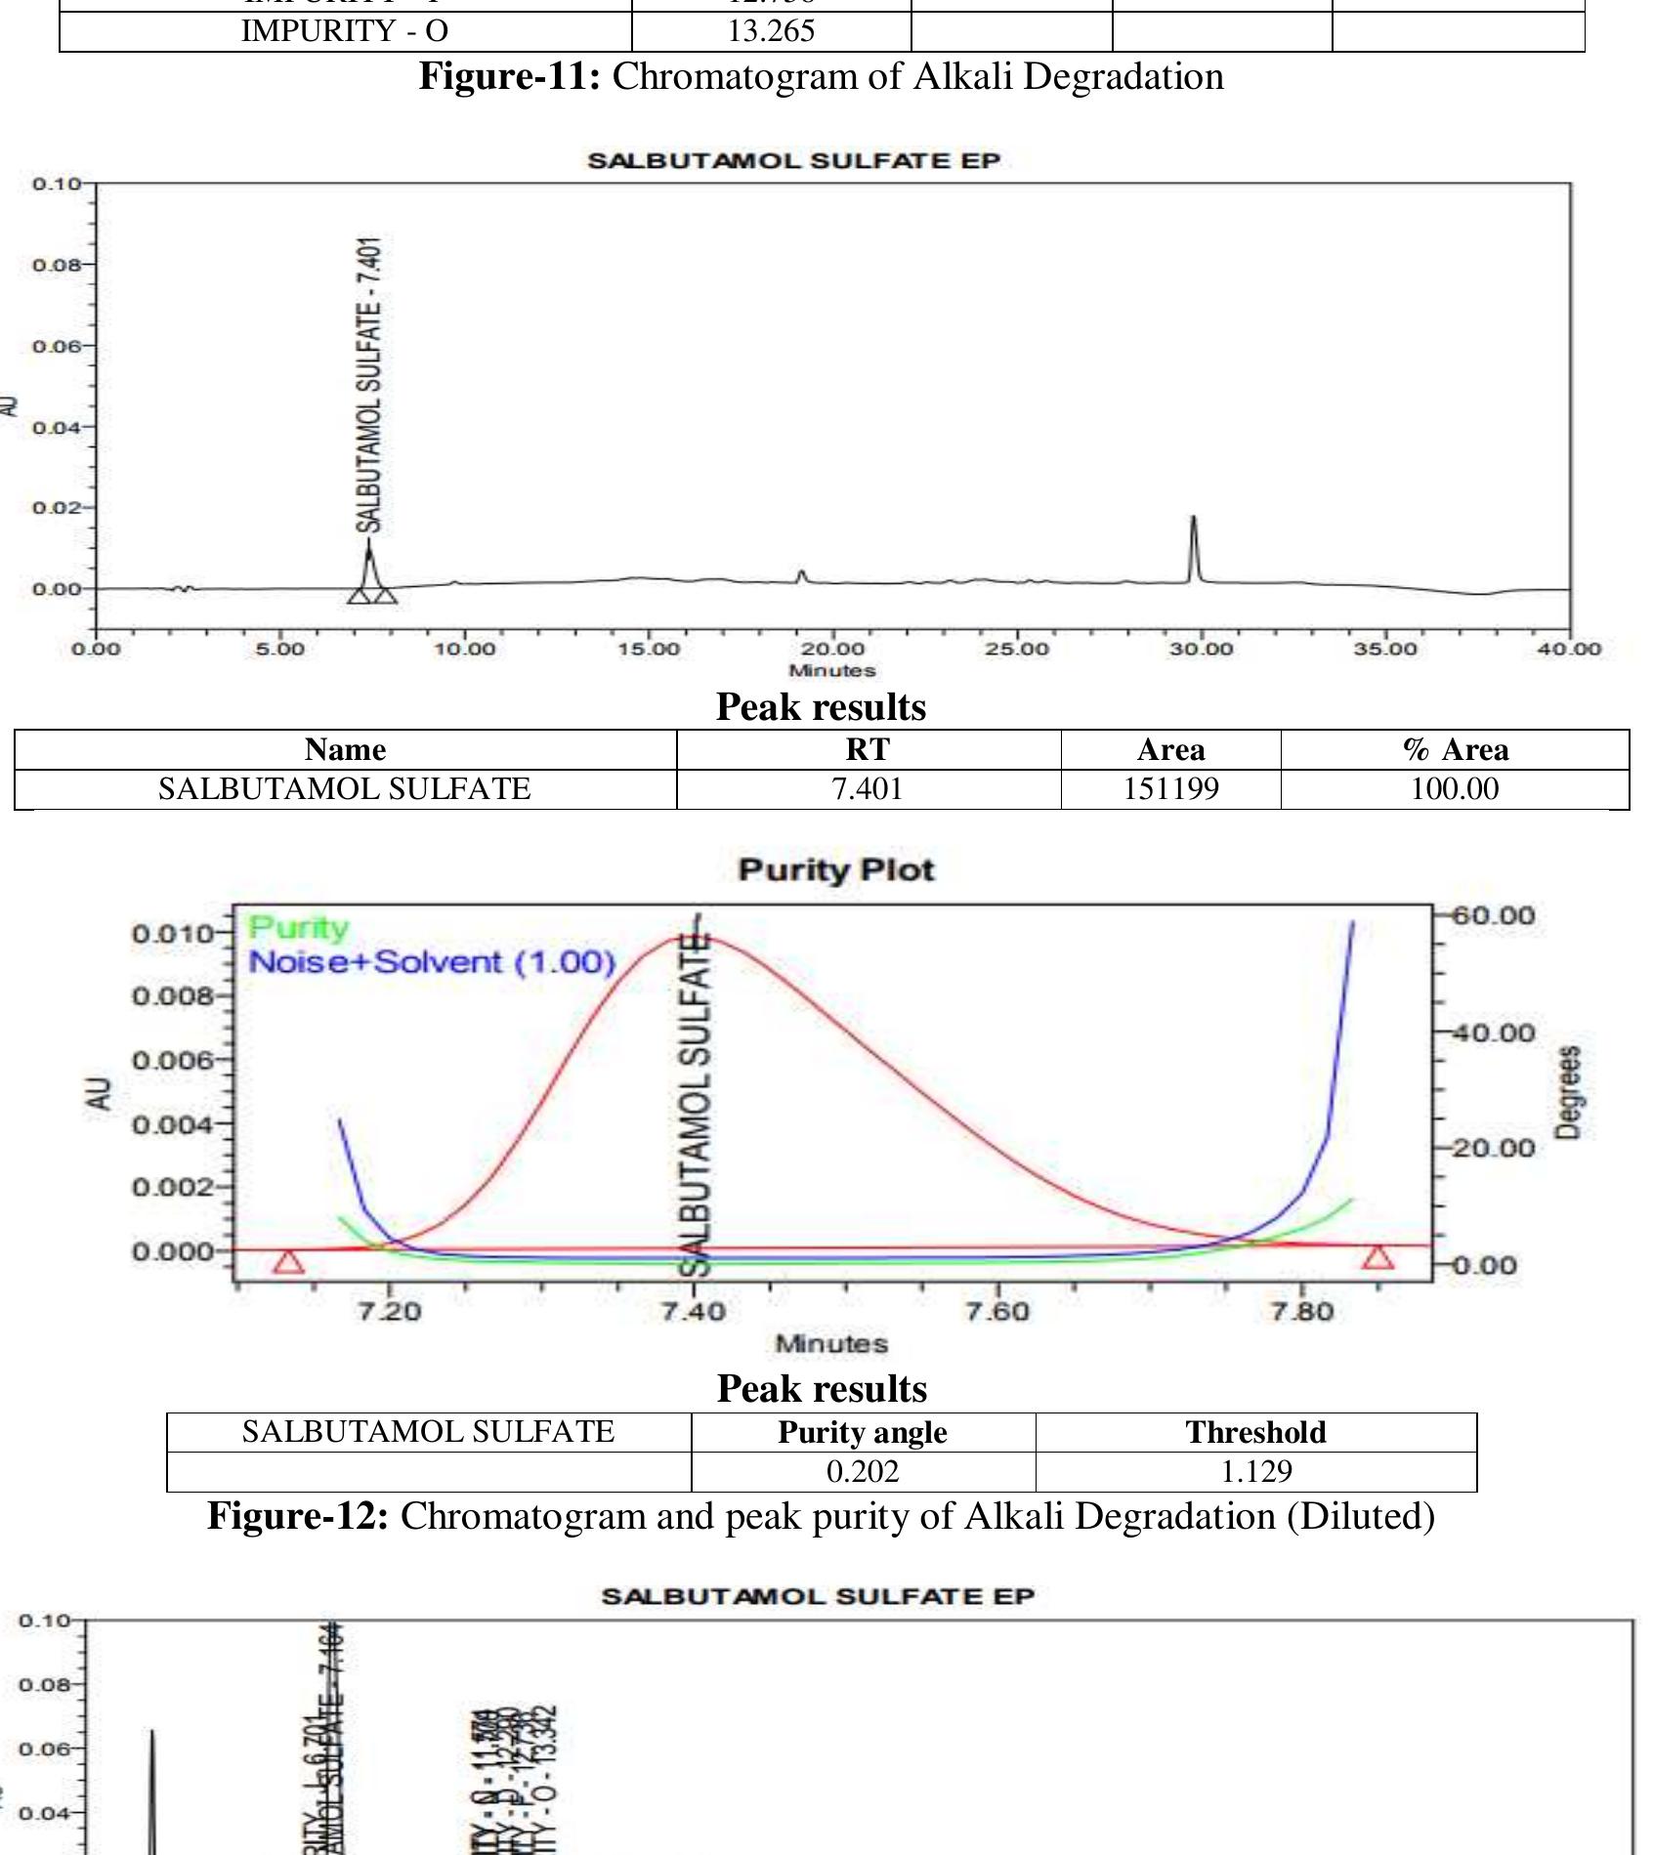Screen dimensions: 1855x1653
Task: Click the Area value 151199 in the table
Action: click(x=1170, y=789)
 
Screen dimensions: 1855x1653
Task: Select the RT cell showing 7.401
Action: click(x=868, y=789)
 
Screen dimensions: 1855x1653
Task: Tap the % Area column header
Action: click(x=1455, y=750)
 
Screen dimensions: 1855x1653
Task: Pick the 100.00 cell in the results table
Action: click(x=1454, y=789)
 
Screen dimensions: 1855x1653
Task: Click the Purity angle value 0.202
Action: click(x=863, y=1471)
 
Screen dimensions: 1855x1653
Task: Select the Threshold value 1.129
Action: click(x=1255, y=1471)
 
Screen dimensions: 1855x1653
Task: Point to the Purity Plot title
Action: click(x=836, y=870)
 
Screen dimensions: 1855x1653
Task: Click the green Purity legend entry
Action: click(x=298, y=928)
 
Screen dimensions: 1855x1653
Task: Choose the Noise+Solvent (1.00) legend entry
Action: click(x=432, y=962)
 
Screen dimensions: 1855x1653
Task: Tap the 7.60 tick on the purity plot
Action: click(x=999, y=1311)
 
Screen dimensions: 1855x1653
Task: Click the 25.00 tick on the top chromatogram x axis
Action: click(x=1017, y=649)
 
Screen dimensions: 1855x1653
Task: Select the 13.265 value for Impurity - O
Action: click(x=771, y=31)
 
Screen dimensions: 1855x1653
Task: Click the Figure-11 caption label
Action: click(x=509, y=76)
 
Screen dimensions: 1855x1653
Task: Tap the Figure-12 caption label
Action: click(x=298, y=1516)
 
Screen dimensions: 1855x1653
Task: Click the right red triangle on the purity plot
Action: click(x=1378, y=1257)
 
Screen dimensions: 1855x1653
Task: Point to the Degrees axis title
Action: click(x=1568, y=1092)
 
